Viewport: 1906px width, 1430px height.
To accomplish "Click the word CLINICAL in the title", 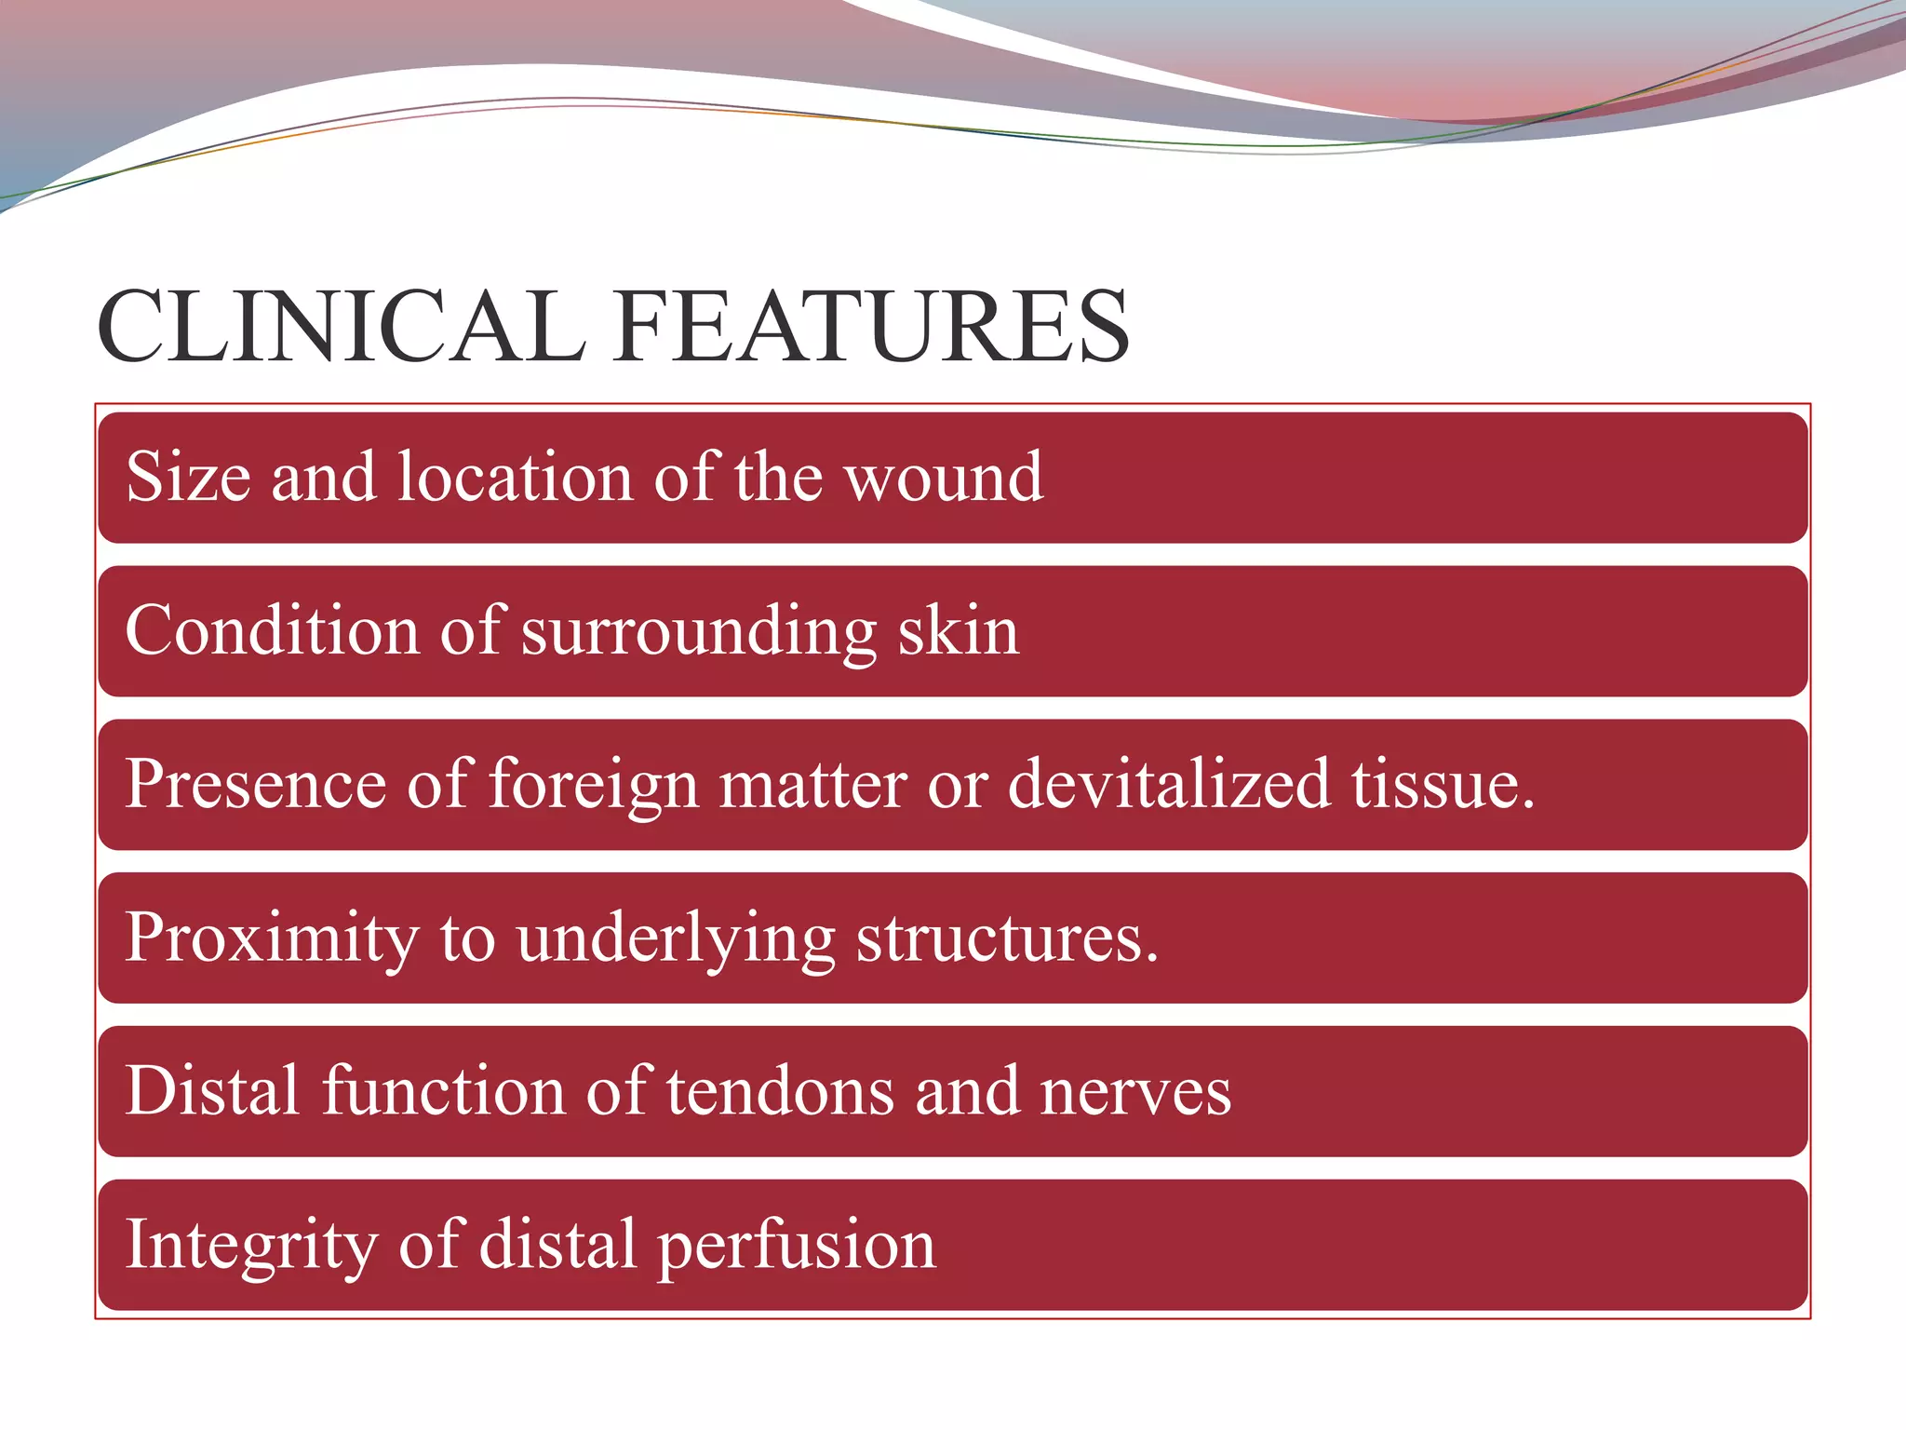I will tap(342, 328).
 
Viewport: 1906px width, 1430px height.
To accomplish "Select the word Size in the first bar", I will tap(188, 477).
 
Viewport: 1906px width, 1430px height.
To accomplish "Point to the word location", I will tap(516, 477).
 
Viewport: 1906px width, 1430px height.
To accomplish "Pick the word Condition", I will tap(272, 630).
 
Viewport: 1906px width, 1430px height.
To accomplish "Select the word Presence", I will tap(255, 784).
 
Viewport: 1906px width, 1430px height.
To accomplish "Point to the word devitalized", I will tap(1168, 784).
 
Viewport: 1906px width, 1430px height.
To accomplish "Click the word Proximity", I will tap(272, 938).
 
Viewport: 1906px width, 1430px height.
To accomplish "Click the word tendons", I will tap(780, 1091).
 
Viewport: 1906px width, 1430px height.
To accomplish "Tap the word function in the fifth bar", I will tap(443, 1091).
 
